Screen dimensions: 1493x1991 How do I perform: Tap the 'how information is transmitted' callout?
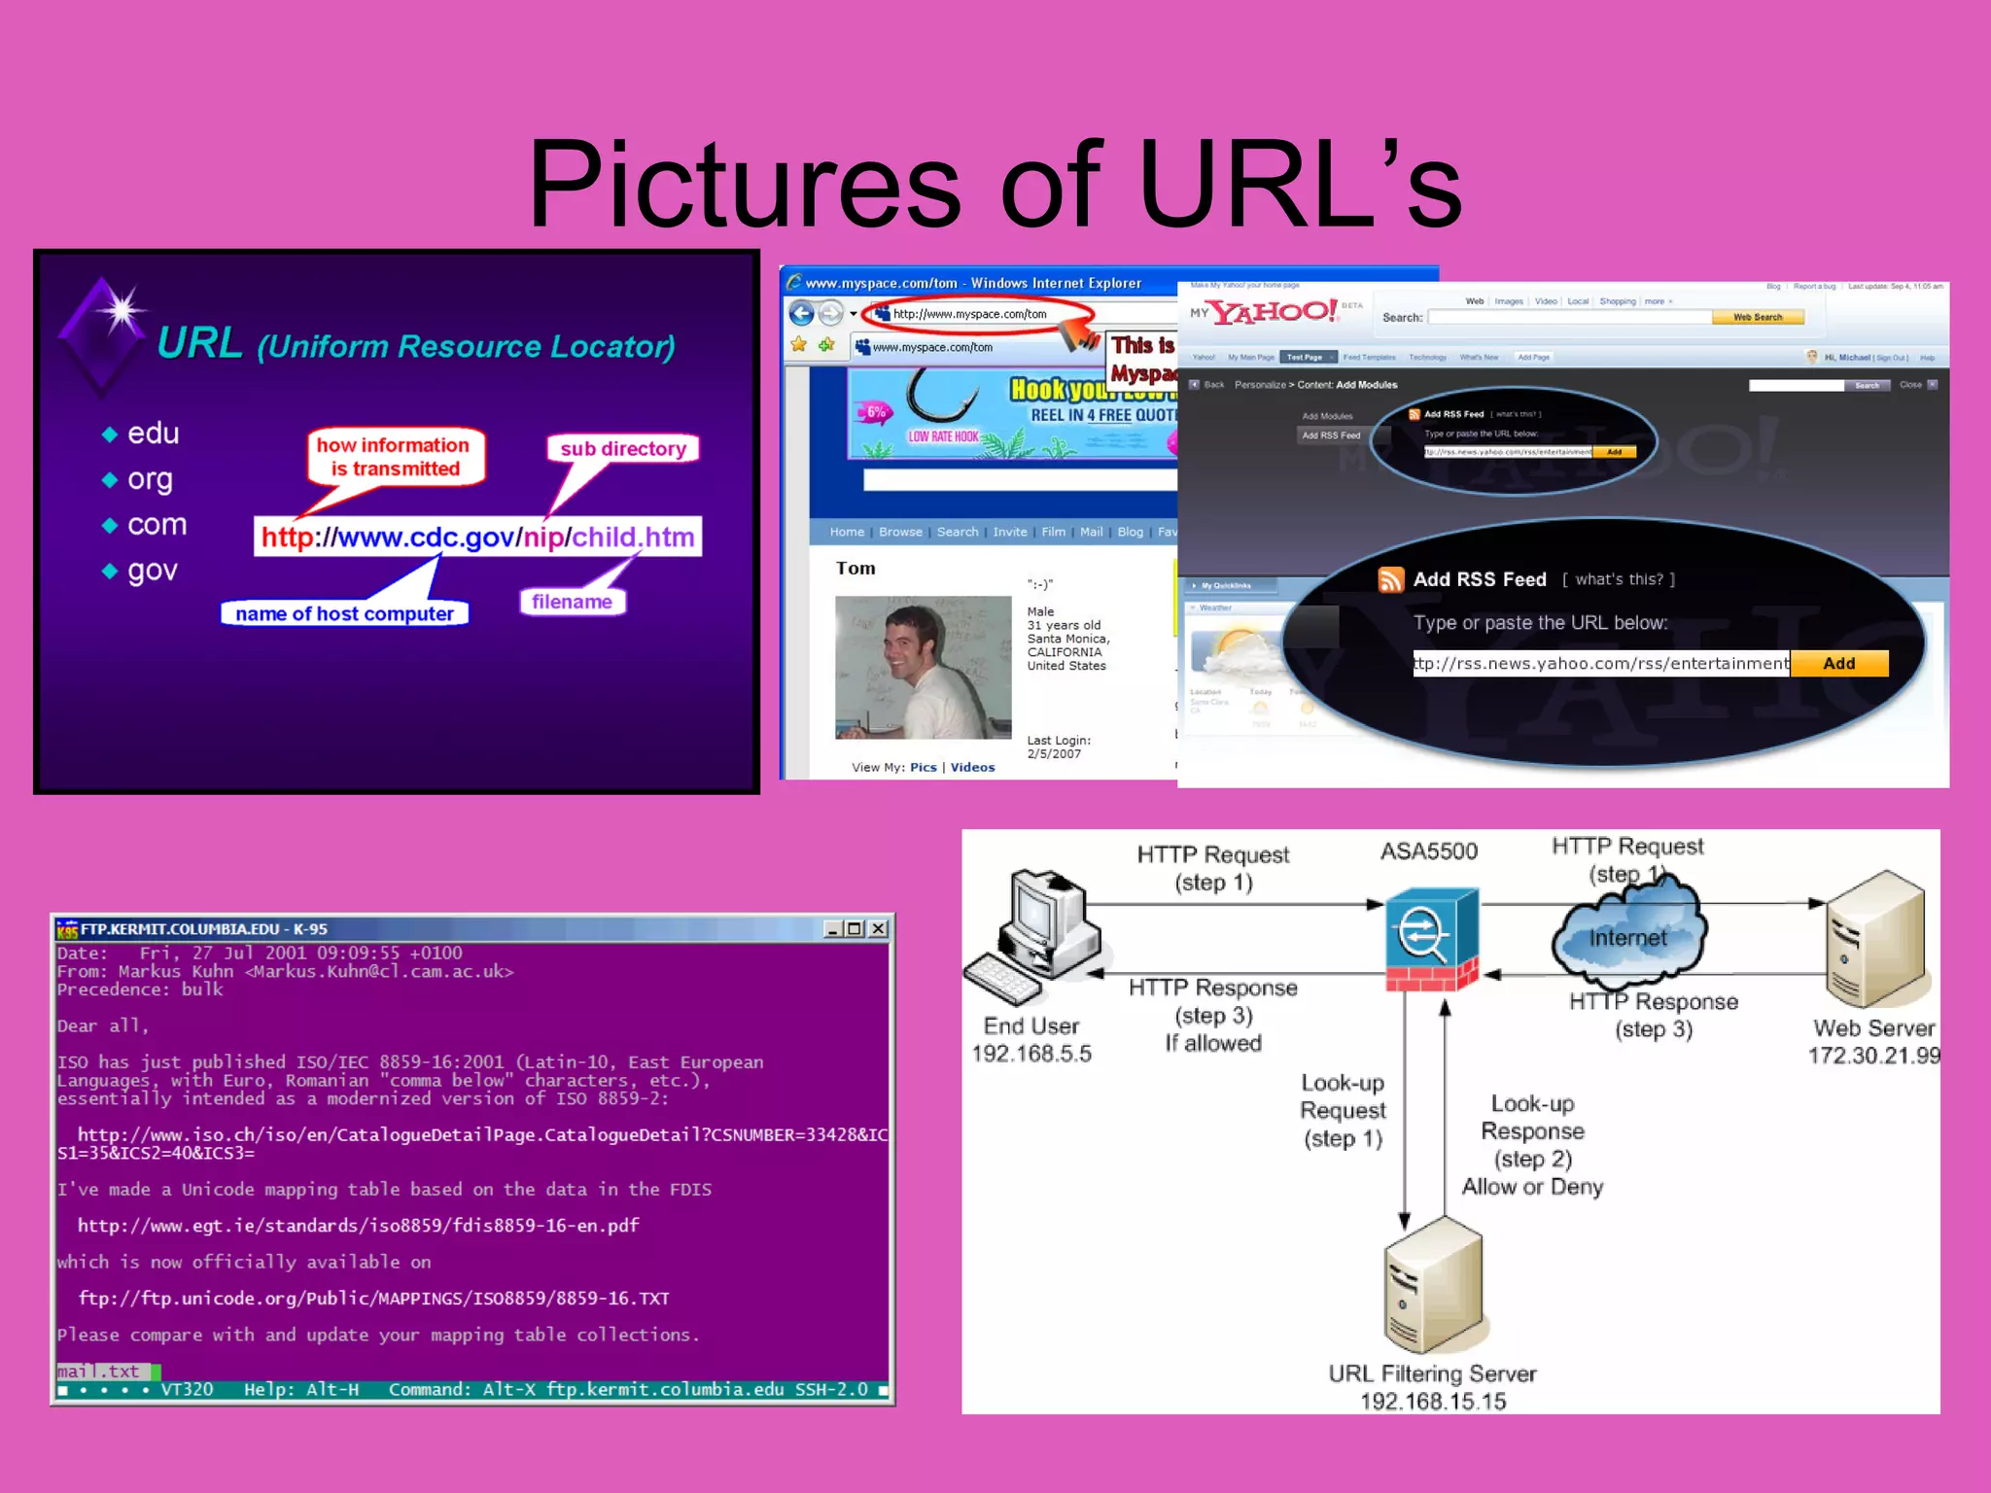click(x=395, y=457)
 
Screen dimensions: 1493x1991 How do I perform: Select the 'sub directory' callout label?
click(x=623, y=449)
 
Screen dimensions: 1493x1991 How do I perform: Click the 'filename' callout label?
click(x=572, y=602)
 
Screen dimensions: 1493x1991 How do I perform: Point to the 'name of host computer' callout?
click(x=344, y=613)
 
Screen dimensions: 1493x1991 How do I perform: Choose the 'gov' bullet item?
click(x=153, y=571)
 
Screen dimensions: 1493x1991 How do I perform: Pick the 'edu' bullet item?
click(x=154, y=434)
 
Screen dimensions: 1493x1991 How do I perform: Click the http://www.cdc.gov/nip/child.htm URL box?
click(x=477, y=537)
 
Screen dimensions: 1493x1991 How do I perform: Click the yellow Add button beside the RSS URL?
click(x=1838, y=663)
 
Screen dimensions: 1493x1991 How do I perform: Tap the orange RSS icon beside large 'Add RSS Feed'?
click(x=1390, y=579)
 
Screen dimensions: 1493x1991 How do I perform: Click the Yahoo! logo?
click(x=1274, y=312)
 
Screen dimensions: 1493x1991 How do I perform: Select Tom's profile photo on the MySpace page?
click(x=922, y=667)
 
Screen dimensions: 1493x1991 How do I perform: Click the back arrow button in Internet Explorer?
click(x=801, y=313)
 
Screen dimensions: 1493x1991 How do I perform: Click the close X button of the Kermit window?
click(x=878, y=928)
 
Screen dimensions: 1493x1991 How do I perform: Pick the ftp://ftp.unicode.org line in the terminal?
click(x=373, y=1299)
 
